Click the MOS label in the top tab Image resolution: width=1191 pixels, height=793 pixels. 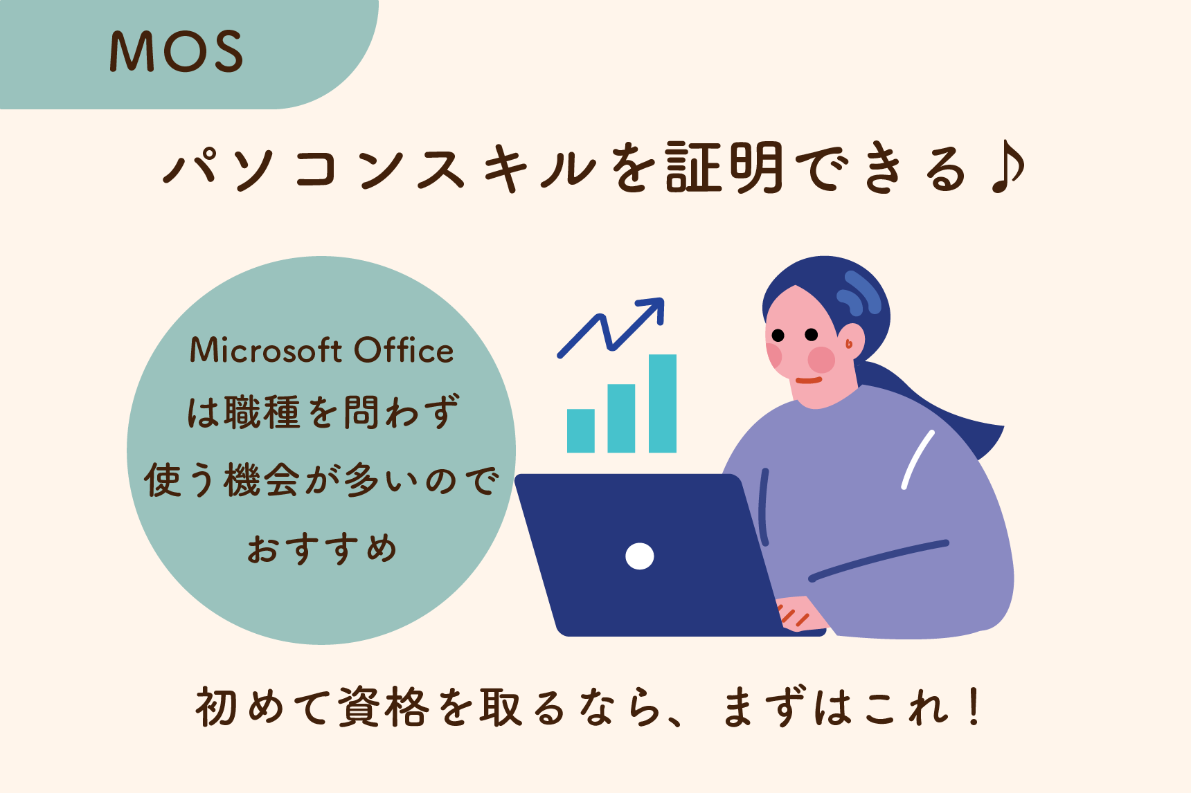coord(177,52)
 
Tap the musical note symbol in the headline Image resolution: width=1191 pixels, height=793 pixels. coord(1008,167)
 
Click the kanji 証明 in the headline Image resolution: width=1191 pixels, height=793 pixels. coord(724,168)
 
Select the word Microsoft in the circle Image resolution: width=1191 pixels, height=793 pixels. coord(267,350)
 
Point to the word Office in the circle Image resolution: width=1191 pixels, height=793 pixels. coord(404,350)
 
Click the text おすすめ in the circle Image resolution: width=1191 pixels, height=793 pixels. coord(322,548)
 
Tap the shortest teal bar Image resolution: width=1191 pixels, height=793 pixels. coord(581,430)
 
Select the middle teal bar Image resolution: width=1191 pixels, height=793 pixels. coord(621,418)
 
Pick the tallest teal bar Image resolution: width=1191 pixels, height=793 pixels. coord(663,403)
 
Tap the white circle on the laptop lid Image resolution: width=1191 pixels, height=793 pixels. coord(640,556)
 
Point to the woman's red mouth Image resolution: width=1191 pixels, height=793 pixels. coord(809,380)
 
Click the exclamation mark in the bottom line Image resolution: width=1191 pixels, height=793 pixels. coord(975,706)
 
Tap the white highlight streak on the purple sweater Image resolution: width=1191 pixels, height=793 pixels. coord(918,459)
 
